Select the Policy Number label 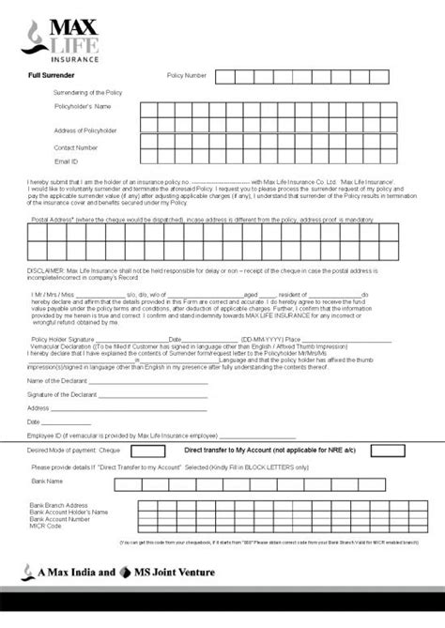coord(186,73)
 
